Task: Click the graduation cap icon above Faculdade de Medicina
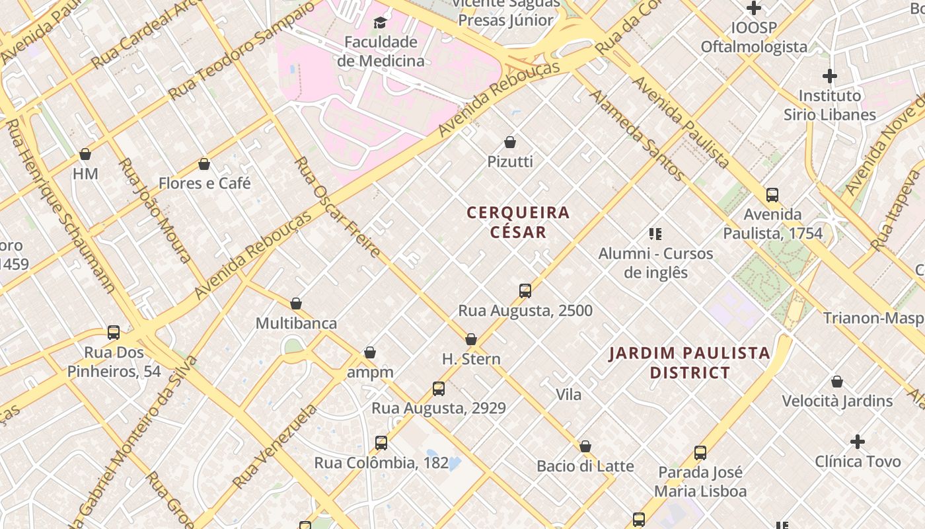pos(379,23)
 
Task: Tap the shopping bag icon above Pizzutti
pos(510,142)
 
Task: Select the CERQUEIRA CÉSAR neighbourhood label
pos(518,222)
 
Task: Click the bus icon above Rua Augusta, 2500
pos(525,291)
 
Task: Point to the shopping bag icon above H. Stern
pos(471,340)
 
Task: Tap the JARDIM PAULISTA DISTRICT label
pos(690,362)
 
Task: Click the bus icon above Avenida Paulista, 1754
pos(772,195)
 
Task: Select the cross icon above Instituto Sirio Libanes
pos(830,76)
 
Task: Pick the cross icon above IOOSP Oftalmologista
pos(754,9)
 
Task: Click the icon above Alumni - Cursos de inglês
pos(655,233)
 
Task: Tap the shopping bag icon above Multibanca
pos(296,304)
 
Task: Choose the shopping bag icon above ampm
pos(370,353)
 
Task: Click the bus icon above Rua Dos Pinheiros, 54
pos(114,333)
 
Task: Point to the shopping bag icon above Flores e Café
pos(204,164)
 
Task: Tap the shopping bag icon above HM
pos(85,155)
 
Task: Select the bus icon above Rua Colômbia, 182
pos(381,443)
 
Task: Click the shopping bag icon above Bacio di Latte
pos(585,447)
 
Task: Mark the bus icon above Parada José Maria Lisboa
pos(700,453)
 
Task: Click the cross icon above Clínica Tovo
pos(858,442)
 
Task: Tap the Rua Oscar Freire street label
pos(338,207)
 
